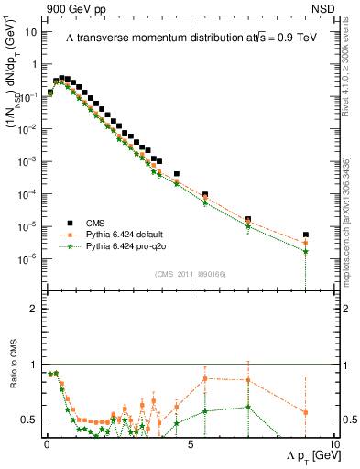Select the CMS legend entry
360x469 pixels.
pos(101,222)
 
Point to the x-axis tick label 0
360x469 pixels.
pos(46,442)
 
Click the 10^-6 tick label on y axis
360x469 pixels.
pos(29,258)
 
